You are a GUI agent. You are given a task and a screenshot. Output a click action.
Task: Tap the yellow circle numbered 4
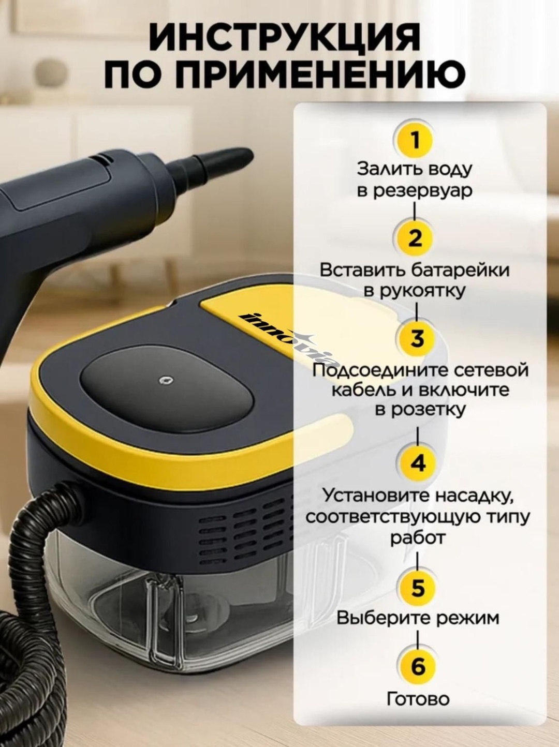pyautogui.click(x=418, y=464)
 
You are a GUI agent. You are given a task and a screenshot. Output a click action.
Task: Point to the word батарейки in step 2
pyautogui.click(x=460, y=270)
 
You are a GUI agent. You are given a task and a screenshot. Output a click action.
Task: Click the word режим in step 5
pyautogui.click(x=468, y=618)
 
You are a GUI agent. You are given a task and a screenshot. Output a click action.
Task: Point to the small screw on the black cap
pyautogui.click(x=167, y=380)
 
